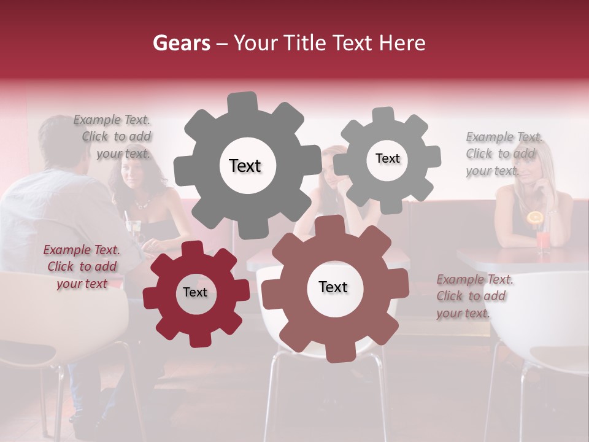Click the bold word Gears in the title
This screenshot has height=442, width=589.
pyautogui.click(x=181, y=43)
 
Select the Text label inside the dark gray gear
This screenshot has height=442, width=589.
pyautogui.click(x=245, y=166)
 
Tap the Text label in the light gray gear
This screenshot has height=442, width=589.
pyautogui.click(x=387, y=158)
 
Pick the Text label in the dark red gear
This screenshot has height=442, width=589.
pyautogui.click(x=195, y=292)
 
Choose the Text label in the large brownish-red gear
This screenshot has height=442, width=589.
pyautogui.click(x=333, y=287)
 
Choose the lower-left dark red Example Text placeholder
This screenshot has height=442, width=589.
pyautogui.click(x=82, y=266)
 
